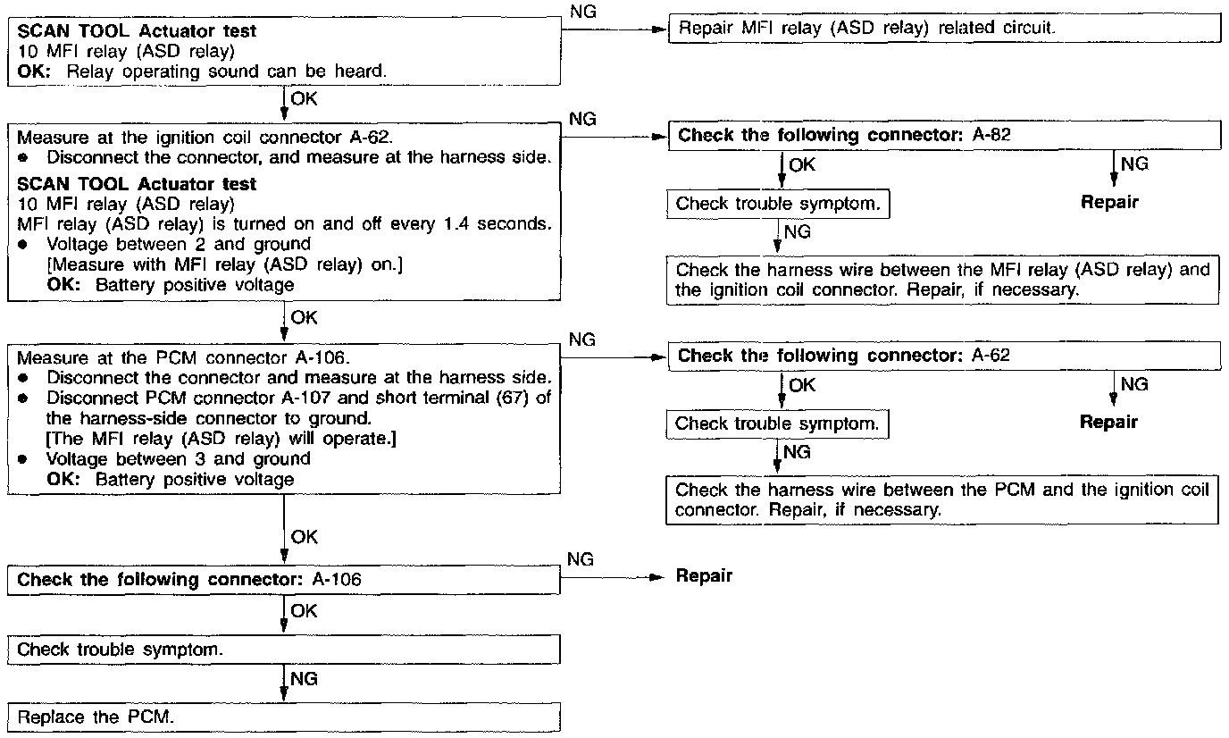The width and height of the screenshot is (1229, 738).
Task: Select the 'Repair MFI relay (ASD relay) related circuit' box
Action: [943, 28]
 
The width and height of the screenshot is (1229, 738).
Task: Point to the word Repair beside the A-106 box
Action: [704, 576]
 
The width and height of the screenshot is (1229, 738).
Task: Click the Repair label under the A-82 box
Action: [1109, 202]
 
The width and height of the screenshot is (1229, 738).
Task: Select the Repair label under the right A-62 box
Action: [1109, 423]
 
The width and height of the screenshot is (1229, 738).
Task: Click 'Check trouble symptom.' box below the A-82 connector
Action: [778, 204]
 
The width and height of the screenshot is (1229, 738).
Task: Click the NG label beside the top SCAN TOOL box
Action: [581, 12]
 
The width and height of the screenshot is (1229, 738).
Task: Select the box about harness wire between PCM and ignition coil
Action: [942, 500]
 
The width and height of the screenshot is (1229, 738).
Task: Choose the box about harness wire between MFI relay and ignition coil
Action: [942, 281]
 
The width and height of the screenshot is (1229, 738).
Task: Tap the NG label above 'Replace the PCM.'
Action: [305, 680]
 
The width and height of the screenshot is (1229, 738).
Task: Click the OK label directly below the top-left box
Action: [305, 98]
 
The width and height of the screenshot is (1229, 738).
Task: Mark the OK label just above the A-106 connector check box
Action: [305, 537]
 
